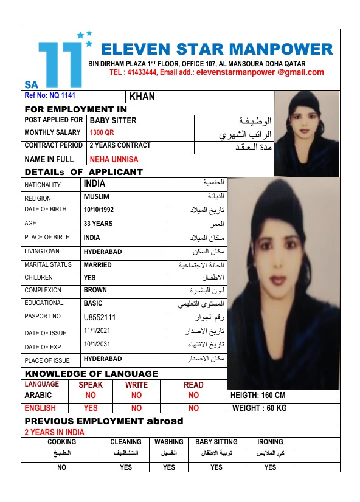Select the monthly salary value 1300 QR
(102, 133)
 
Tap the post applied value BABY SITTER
(112, 120)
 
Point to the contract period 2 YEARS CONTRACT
(120, 146)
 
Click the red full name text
(114, 160)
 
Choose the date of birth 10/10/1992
(99, 210)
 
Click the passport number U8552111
(100, 318)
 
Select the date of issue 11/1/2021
(97, 332)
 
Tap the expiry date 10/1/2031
(97, 345)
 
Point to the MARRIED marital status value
(97, 265)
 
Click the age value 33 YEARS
(98, 224)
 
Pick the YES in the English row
(91, 408)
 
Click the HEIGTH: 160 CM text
(259, 396)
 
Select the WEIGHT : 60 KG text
(260, 408)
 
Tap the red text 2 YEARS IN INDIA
(54, 433)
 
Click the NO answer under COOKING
(61, 467)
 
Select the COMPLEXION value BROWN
(95, 291)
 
